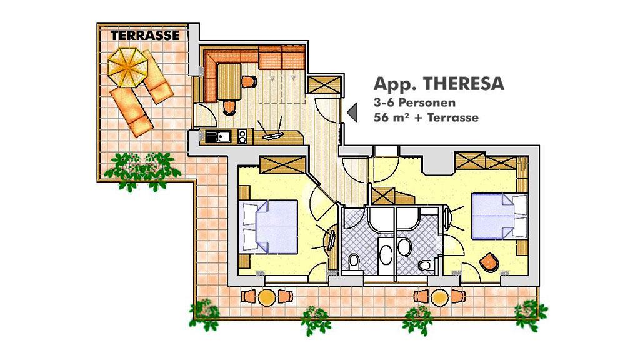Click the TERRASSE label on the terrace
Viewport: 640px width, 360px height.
coord(145,36)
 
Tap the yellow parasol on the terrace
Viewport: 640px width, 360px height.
coord(127,67)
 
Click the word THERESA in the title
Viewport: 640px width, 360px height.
coord(464,84)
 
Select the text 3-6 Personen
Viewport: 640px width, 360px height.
coord(414,102)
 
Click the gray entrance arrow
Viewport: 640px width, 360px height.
coord(352,112)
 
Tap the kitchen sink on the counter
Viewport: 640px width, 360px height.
coord(218,136)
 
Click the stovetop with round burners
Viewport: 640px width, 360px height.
coord(242,136)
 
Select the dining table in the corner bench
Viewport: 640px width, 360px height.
coord(229,82)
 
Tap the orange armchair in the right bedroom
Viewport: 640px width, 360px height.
coord(489,262)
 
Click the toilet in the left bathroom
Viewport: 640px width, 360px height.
coord(354,262)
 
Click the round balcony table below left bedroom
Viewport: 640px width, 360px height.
coord(266,297)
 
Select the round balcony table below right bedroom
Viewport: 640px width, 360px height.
coord(439,297)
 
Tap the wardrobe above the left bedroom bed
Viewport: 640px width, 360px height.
coord(283,165)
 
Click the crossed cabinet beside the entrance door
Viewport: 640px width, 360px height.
coord(324,85)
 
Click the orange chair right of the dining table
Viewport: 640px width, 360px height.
coord(249,82)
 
